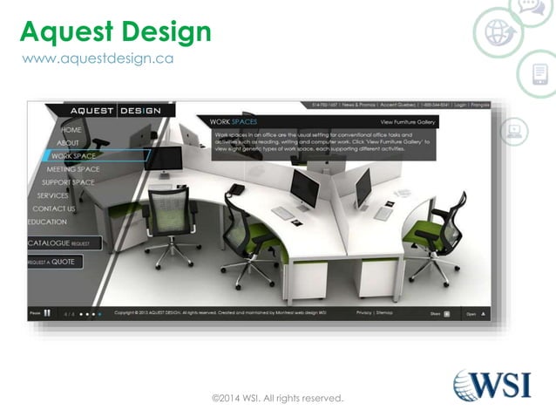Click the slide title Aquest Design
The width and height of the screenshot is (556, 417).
point(115,31)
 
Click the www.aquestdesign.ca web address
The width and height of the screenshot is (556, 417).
point(97,58)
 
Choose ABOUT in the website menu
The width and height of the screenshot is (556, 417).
point(68,143)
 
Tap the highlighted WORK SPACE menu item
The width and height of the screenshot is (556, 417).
point(73,156)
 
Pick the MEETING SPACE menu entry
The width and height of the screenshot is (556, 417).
point(73,169)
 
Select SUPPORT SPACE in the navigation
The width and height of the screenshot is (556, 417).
point(68,182)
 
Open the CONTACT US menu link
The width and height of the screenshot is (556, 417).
point(54,209)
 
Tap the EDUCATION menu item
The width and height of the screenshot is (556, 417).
point(47,222)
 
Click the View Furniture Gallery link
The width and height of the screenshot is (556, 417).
point(407,122)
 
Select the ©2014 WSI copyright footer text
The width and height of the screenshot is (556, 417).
point(278,399)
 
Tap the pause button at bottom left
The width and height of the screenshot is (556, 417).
point(47,312)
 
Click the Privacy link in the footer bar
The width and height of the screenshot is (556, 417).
point(363,312)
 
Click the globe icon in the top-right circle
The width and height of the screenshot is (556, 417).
point(498,33)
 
